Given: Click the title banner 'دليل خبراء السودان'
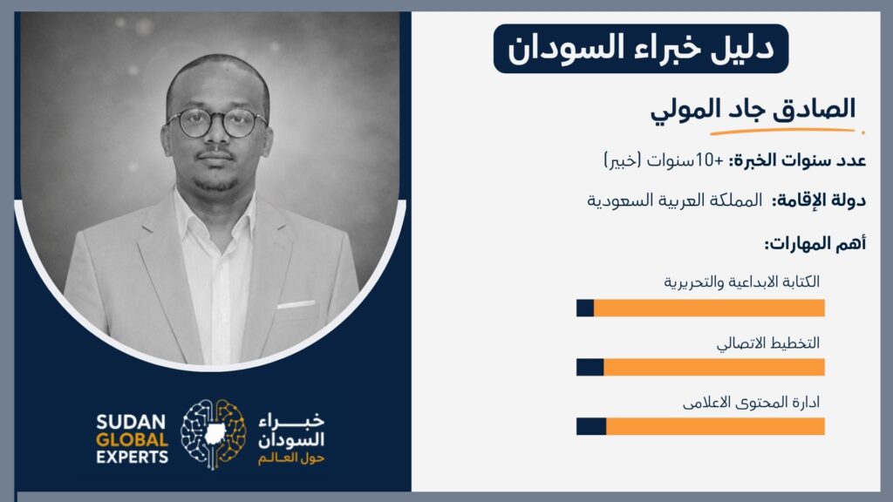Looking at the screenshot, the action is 641,49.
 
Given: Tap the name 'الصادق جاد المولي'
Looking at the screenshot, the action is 753,108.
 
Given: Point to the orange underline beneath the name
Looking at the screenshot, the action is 787,132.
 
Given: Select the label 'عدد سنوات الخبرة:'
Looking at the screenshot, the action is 797,160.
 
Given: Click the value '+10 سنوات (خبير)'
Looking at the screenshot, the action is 664,160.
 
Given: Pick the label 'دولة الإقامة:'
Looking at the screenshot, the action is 819,200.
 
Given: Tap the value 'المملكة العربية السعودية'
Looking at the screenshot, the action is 674,200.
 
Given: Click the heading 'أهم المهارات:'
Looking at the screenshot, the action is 815,244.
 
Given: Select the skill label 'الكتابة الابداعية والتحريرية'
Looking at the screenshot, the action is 741,282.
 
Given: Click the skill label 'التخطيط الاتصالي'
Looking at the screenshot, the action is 767,343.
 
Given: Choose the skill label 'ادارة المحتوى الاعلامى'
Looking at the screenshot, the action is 751,403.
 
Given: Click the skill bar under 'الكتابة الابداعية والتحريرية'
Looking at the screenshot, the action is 700,308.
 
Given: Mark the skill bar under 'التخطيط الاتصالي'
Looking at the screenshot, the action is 700,367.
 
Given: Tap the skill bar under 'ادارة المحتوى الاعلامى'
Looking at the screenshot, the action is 700,426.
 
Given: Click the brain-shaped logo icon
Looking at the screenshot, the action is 213,434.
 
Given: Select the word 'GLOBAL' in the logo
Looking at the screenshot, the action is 133,440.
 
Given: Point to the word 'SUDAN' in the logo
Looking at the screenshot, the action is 131,423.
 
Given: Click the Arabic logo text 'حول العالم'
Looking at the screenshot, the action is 291,458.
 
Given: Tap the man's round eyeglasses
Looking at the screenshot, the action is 217,122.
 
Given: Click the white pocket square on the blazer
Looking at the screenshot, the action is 296,304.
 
